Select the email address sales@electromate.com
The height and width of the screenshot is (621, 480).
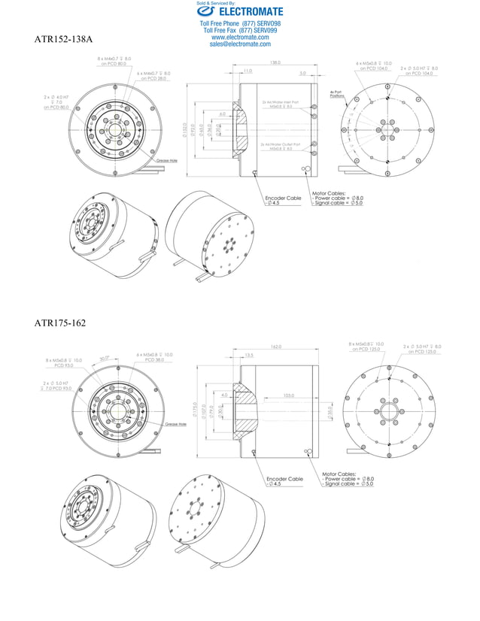(240, 44)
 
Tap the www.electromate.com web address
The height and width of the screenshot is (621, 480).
(240, 37)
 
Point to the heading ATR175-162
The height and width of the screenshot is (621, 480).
(60, 323)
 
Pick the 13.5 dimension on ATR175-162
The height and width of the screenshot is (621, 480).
(248, 355)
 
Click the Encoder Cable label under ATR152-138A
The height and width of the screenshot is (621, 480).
(283, 198)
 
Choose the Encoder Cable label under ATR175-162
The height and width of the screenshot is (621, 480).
(284, 479)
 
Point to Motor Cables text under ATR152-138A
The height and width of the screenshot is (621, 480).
(328, 192)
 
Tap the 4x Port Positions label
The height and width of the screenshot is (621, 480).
(337, 95)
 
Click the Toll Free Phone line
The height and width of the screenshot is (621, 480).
(240, 24)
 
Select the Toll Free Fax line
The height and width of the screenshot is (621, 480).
(240, 31)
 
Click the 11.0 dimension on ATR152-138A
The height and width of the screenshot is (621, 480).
(248, 71)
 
